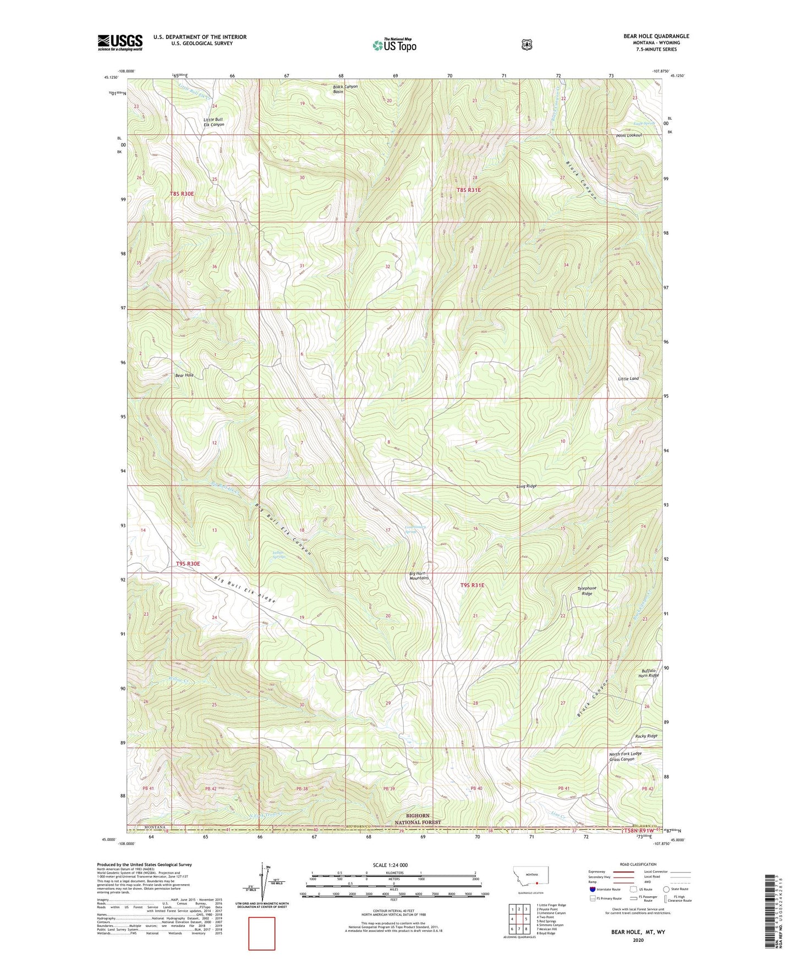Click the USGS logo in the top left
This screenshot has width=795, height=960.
pos(120,42)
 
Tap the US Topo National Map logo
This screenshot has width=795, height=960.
pos(394,45)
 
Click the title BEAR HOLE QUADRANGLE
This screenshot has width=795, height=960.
pos(656,36)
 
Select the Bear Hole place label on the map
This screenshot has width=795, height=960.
pos(184,376)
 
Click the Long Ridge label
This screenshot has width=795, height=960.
pos(527,486)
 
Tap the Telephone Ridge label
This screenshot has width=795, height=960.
pos(587,591)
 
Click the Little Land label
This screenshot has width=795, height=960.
pos(628,379)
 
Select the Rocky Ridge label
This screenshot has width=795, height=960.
pos(646,736)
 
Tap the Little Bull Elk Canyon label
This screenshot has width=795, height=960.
pos(213,122)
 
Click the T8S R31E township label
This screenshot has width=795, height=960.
pos(469,190)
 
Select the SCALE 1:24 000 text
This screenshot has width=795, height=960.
pos(390,865)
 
